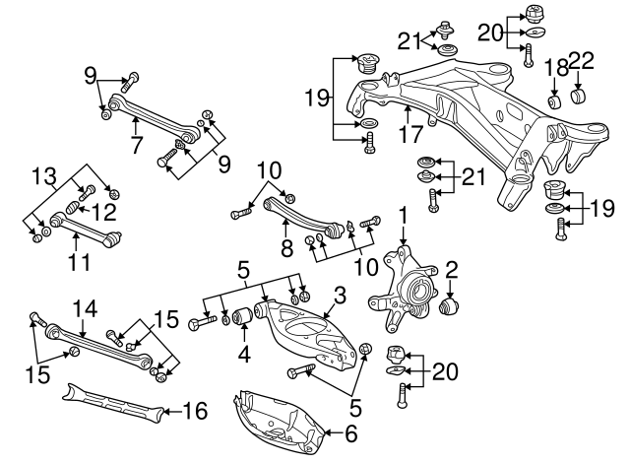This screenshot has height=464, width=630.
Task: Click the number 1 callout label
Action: pos(402,214)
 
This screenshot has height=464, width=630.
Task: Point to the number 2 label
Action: pos(452,268)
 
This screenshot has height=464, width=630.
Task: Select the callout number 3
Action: pos(340,294)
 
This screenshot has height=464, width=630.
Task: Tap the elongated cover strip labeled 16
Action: pos(108,402)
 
